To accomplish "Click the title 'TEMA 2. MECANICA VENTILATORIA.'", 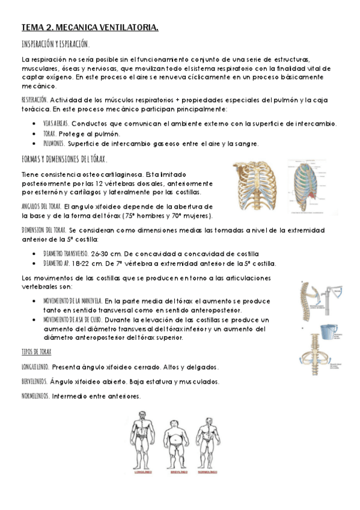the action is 90,27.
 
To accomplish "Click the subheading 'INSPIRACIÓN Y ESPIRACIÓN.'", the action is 56,45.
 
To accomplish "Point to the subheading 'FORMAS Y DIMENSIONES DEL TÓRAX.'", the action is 64,159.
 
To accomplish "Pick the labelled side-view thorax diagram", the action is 310,188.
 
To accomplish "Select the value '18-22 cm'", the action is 96,263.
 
